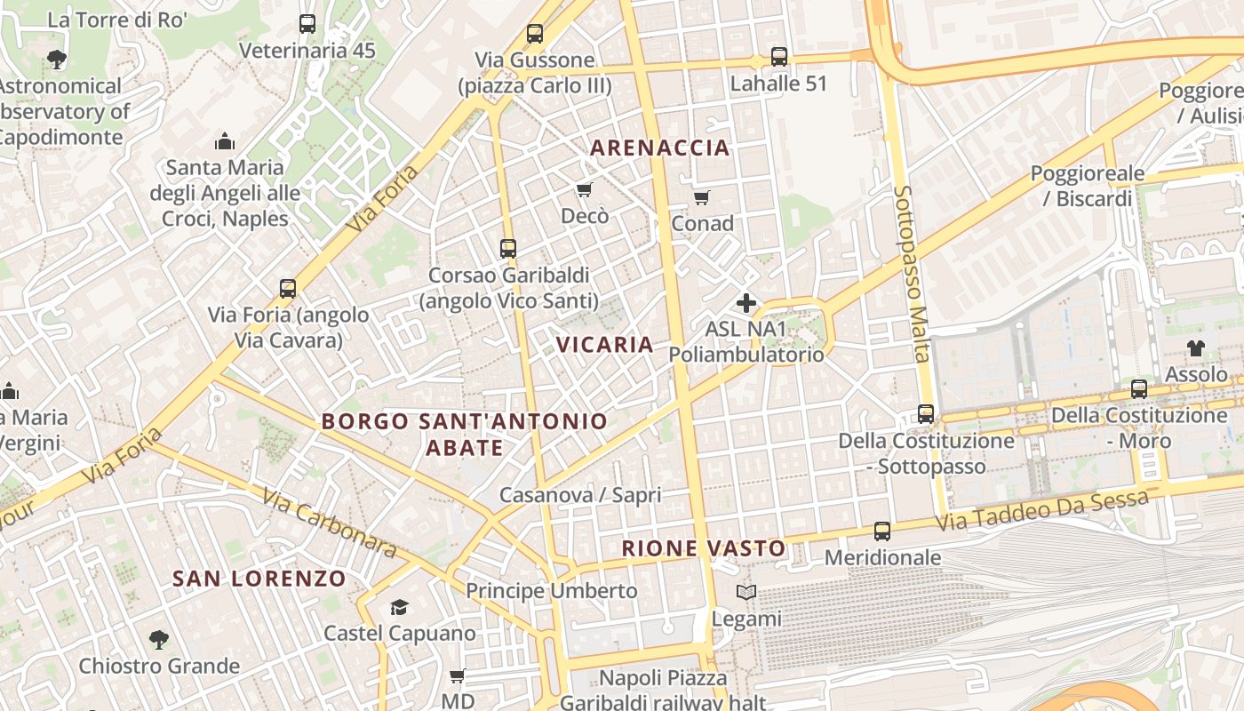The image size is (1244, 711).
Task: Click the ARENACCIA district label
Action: [659, 148]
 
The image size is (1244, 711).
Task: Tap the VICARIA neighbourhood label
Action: [604, 344]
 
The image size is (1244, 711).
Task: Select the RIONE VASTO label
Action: [704, 548]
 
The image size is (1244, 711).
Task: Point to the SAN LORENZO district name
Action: [259, 579]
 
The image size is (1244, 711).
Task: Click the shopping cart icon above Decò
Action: [584, 189]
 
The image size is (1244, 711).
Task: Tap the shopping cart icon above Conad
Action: [702, 197]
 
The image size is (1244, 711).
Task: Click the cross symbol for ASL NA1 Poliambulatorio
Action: [746, 303]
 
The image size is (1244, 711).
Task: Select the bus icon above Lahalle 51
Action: [779, 57]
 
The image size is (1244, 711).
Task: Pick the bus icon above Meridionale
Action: [882, 531]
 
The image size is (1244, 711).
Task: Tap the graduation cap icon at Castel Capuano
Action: [399, 607]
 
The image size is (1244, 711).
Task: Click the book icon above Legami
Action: [746, 592]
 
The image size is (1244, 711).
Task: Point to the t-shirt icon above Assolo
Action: [1196, 348]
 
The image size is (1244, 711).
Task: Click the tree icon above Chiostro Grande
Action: [159, 639]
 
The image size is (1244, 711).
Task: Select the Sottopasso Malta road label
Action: [913, 273]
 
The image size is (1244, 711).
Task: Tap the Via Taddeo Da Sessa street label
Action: [1041, 512]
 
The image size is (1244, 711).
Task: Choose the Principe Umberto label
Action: [552, 591]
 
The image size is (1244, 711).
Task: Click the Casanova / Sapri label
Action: [580, 495]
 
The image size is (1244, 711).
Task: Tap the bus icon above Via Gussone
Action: [534, 34]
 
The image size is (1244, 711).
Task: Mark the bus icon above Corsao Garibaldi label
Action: [508, 249]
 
